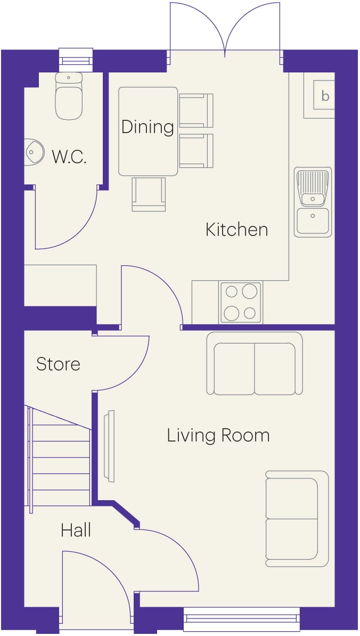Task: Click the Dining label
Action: pos(148,127)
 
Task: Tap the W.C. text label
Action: pos(69,157)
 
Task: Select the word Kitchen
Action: pos(237,230)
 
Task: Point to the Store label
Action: pos(58,364)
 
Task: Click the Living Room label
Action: pos(218,435)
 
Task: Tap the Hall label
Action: pos(76,530)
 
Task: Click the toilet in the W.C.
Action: pos(69,96)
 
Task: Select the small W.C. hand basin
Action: pos(34,152)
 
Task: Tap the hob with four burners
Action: pos(241,302)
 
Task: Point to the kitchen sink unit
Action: pos(313,202)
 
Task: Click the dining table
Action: pos(148,132)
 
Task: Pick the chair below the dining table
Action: pos(149,194)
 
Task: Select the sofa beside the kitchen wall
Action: pos(255,363)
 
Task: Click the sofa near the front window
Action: pos(297,519)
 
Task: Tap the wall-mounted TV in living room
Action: pos(109,446)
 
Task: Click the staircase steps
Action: pos(58,456)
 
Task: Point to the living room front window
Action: pos(242,619)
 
